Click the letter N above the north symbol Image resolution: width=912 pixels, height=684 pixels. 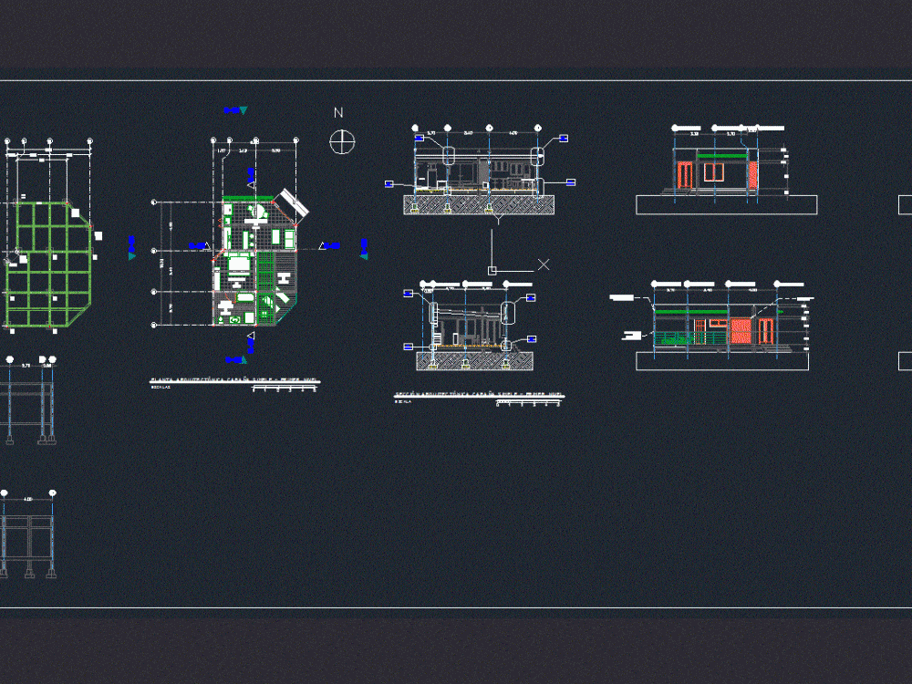(x=338, y=113)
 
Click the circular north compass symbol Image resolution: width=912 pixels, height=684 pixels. (x=342, y=141)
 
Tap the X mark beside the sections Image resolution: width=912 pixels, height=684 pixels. (x=544, y=264)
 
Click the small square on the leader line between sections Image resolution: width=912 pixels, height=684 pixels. (x=492, y=270)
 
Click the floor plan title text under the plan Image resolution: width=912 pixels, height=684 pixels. (x=232, y=379)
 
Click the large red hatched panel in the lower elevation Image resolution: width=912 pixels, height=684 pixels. (x=741, y=331)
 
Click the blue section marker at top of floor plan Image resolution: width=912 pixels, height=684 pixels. (x=233, y=110)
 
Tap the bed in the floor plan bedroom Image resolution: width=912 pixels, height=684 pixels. (x=239, y=265)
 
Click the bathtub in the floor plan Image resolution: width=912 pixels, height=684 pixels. (x=245, y=298)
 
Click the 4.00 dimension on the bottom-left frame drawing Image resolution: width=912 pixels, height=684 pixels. (x=28, y=499)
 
